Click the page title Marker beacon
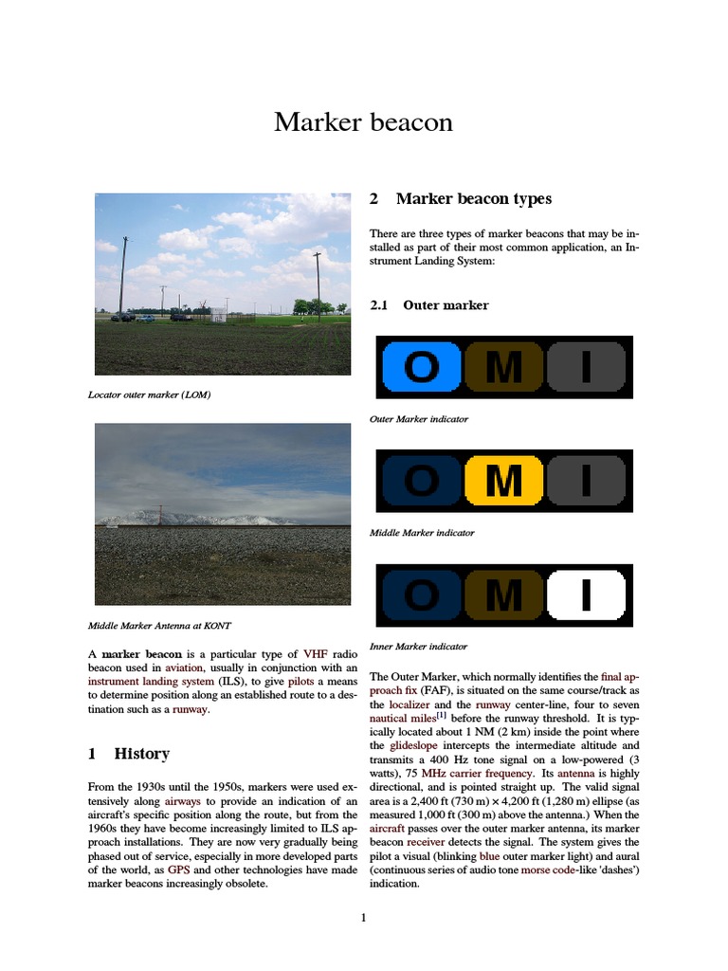pyautogui.click(x=363, y=122)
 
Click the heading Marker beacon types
pyautogui.click(x=473, y=199)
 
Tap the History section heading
pyautogui.click(x=141, y=754)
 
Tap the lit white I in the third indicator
pyautogui.click(x=586, y=595)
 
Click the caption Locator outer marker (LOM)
pyautogui.click(x=149, y=394)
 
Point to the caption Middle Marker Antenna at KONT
pyautogui.click(x=159, y=626)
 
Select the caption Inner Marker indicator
pyautogui.click(x=418, y=647)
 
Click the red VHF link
pyautogui.click(x=314, y=654)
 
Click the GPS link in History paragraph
pyautogui.click(x=179, y=870)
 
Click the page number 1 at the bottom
pyautogui.click(x=363, y=917)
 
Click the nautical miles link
pyautogui.click(x=402, y=720)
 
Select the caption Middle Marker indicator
pyautogui.click(x=422, y=533)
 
